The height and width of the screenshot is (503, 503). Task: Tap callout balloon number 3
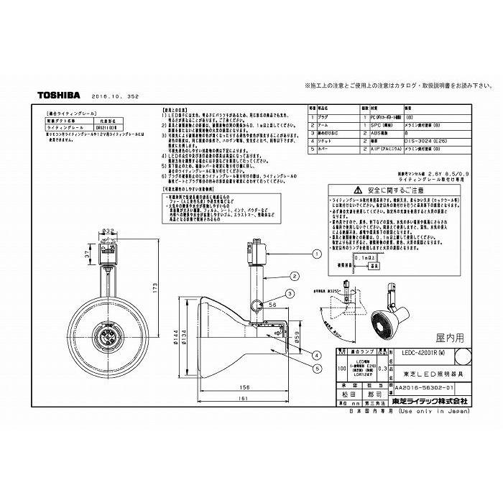(289, 294)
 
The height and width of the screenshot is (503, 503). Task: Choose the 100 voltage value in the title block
(343, 366)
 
